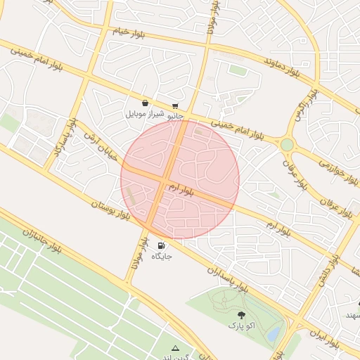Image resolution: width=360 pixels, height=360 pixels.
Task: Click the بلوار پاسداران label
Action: coord(229,279)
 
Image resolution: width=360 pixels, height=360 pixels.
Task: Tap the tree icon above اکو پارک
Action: coord(242,316)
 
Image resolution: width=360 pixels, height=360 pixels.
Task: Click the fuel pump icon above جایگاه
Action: coord(162,245)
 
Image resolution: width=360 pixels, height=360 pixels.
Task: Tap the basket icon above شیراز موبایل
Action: coord(145,103)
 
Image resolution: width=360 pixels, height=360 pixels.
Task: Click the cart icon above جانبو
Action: coord(175,105)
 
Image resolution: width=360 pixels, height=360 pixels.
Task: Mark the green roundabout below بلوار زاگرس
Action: coord(287,144)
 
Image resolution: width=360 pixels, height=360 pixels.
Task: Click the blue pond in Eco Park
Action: coord(274,331)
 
